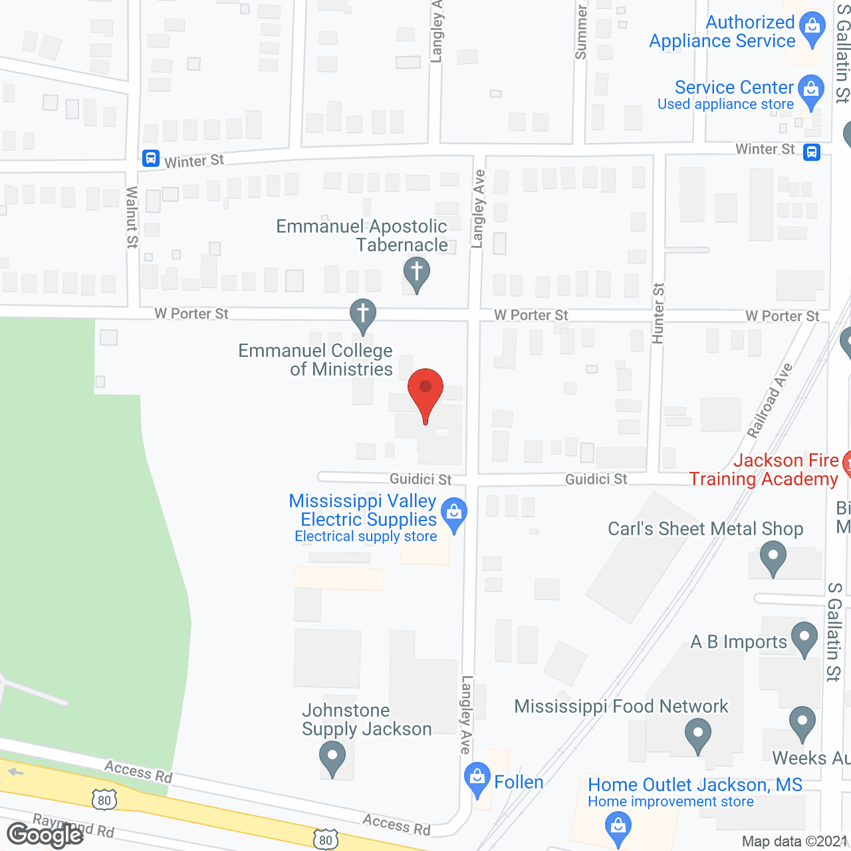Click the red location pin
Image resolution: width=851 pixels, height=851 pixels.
click(425, 389)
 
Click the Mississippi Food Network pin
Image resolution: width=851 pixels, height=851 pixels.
click(698, 737)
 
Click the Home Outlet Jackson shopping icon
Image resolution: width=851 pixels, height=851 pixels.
click(618, 828)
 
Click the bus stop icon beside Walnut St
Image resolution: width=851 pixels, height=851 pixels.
click(151, 158)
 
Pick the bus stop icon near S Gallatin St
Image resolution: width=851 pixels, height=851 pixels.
click(811, 152)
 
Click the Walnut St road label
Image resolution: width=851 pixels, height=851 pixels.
click(132, 217)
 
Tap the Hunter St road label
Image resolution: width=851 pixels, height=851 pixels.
click(658, 313)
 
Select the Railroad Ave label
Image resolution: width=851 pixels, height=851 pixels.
click(769, 401)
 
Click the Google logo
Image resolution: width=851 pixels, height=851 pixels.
click(45, 834)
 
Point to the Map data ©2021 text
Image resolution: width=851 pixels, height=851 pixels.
click(794, 841)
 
